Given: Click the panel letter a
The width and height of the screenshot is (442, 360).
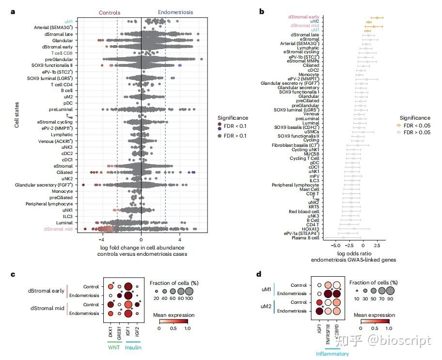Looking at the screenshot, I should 13,11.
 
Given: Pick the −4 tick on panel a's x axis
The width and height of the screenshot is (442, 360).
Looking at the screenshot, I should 102,239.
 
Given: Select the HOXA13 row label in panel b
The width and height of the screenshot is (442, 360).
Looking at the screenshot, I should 310,229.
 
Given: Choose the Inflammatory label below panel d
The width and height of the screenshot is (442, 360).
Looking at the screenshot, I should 332,354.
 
